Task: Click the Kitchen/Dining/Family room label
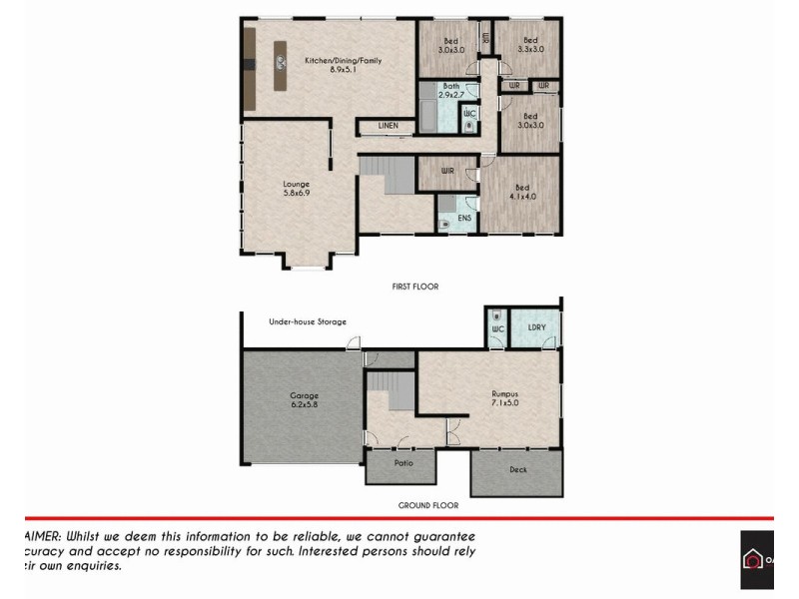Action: (x=343, y=65)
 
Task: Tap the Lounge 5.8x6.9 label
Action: (x=296, y=188)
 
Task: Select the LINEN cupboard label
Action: (x=389, y=126)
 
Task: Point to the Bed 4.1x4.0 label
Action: (x=521, y=192)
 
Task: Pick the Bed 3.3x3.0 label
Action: (x=530, y=45)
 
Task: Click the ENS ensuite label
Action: (x=464, y=217)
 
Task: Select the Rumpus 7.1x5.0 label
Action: (x=503, y=398)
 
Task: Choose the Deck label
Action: (x=517, y=469)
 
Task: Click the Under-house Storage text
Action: (x=308, y=321)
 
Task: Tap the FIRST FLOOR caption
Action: (x=414, y=287)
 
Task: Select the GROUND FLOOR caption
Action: (x=427, y=505)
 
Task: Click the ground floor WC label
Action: (x=496, y=327)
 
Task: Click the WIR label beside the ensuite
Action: (x=447, y=171)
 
